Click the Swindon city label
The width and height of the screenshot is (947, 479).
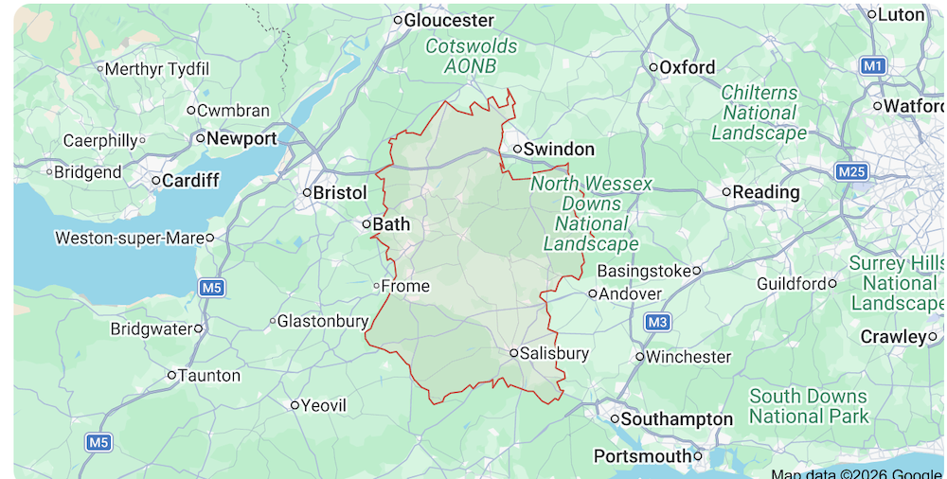pos(559,149)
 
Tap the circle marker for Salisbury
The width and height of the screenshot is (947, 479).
pos(513,353)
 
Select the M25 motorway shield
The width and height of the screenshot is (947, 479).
pos(851,171)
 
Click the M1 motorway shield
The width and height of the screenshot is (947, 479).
pos(873,65)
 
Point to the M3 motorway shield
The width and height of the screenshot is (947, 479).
pos(658,323)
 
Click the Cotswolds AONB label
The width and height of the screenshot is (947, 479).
pos(472,56)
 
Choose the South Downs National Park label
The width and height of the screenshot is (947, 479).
pos(809,406)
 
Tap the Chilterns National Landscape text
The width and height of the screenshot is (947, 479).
pos(759,113)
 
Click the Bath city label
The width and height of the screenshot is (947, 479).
pos(392,224)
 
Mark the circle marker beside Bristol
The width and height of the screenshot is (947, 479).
pos(307,192)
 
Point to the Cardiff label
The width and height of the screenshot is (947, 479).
pos(190,180)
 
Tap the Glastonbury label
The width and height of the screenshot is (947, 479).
pos(322,321)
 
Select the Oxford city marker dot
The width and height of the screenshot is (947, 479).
pos(653,67)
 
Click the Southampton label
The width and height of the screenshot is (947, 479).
pos(677,418)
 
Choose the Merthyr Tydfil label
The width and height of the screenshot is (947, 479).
pos(157,69)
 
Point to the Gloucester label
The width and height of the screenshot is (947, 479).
pos(450,20)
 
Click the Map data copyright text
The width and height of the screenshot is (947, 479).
pos(856,473)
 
